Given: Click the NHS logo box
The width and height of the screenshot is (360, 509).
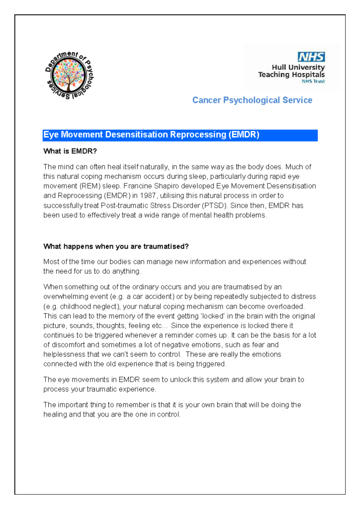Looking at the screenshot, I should (311, 57).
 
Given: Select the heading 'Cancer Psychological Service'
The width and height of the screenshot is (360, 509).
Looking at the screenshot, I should (252, 100).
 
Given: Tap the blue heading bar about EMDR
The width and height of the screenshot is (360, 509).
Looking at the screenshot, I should (180, 135).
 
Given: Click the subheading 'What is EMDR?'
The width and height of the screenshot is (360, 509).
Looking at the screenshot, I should (70, 151).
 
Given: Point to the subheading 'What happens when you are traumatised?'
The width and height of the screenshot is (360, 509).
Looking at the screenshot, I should (116, 246).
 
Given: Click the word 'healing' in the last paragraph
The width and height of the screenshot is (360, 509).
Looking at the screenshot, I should (55, 415).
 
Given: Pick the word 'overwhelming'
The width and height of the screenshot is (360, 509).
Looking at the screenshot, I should (64, 296).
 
